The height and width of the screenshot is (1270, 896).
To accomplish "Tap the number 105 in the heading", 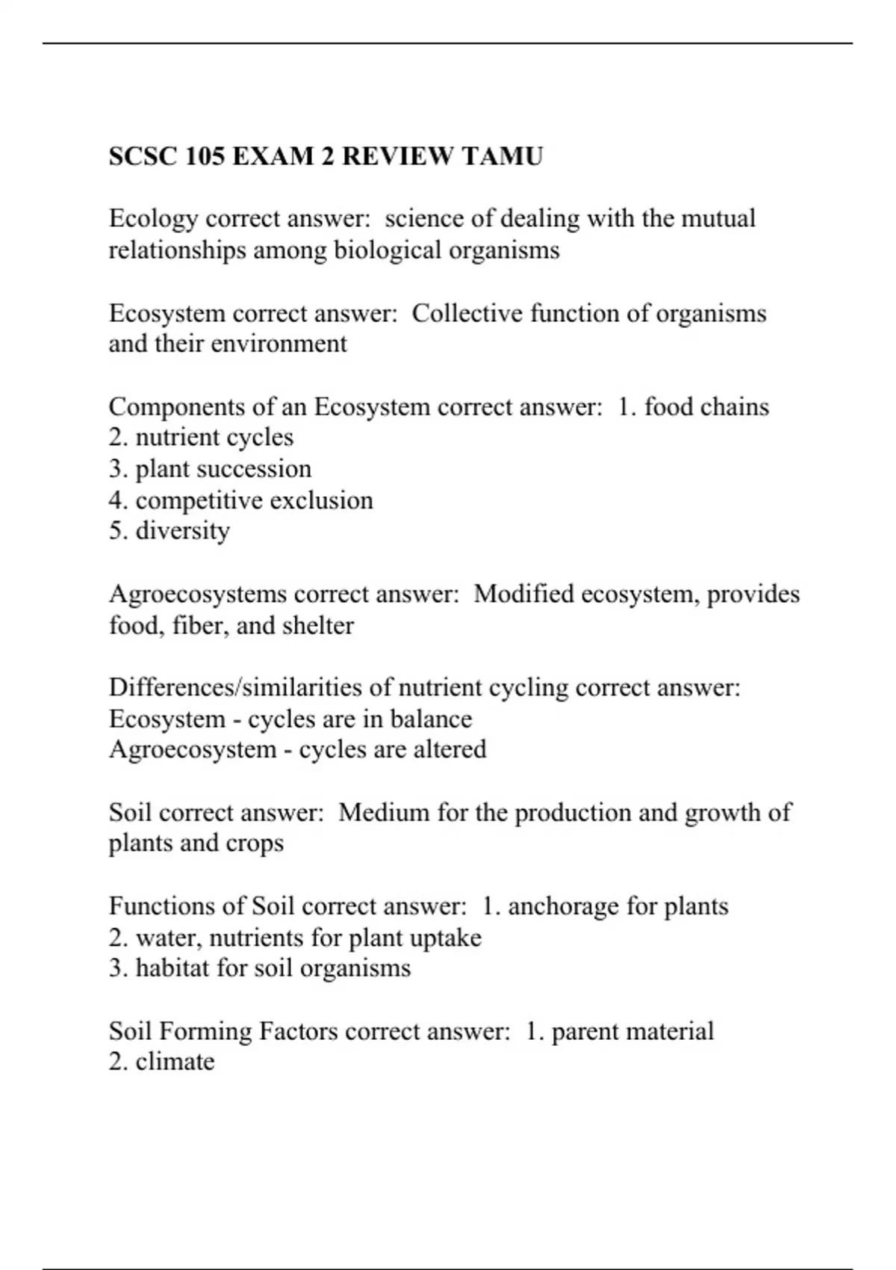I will coord(205,156).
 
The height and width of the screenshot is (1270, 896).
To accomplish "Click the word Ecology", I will coord(153,219).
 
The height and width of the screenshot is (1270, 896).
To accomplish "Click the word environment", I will coord(279,344).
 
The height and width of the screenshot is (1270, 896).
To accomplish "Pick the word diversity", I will coord(182,531).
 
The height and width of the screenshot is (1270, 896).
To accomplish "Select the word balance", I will coord(431,719).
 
